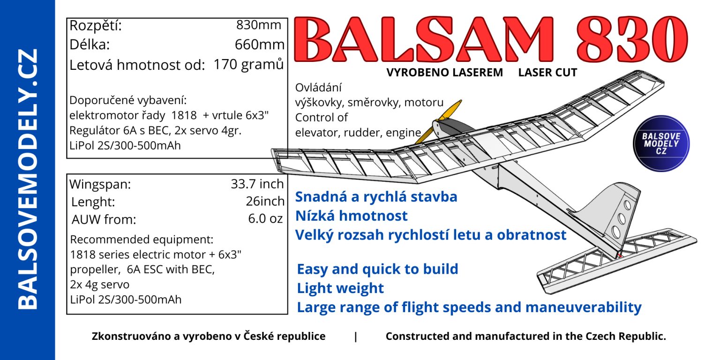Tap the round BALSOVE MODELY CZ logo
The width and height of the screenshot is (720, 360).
pos(661,143)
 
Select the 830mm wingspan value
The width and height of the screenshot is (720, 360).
pos(259,25)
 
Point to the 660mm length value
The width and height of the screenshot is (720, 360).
pos(260,45)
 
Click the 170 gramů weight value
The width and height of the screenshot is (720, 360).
pos(249,64)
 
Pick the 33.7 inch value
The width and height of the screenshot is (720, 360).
pos(257,184)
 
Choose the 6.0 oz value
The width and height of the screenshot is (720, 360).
pos(265,218)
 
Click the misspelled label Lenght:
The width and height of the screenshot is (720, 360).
pos(93,202)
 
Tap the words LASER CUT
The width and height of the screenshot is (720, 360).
pos(547,73)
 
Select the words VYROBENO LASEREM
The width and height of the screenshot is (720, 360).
pos(444,73)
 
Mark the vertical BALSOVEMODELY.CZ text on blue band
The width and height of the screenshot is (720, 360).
pos(28,180)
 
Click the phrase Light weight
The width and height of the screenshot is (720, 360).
pos(340,288)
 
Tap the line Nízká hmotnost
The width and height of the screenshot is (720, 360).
pos(351,215)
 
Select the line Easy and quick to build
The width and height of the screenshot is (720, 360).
pos(377,269)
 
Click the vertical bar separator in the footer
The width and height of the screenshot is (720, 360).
pos(355,337)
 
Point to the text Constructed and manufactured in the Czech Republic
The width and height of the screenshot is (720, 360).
pos(526,336)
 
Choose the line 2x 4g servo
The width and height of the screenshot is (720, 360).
pos(100,285)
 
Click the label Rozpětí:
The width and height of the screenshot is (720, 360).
pos(96,26)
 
